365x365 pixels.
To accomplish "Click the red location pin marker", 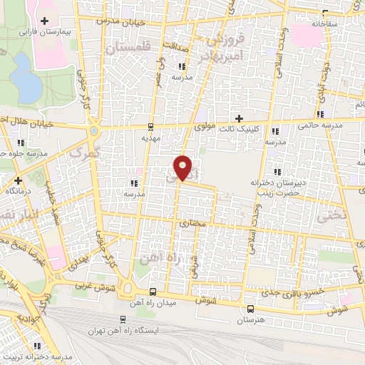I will pyautogui.click(x=183, y=168).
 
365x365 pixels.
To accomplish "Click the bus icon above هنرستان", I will pyautogui.click(x=250, y=309).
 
